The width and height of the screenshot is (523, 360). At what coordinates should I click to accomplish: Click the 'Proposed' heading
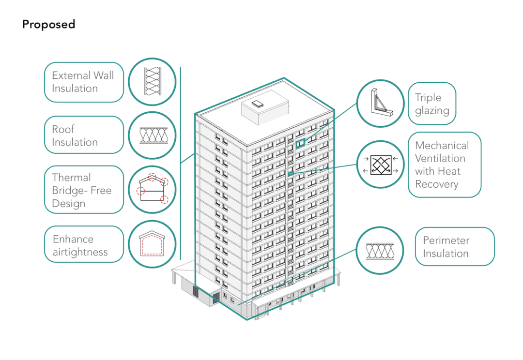[x=48, y=24]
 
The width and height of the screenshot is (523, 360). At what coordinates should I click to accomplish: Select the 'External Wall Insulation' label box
[x=83, y=82]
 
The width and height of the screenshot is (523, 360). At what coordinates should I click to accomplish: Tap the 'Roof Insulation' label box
[x=83, y=135]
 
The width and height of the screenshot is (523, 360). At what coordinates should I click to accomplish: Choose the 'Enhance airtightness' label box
[x=83, y=245]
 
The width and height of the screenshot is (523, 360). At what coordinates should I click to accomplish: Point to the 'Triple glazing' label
[x=432, y=104]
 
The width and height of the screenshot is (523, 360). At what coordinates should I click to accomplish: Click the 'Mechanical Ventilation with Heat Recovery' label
[x=444, y=165]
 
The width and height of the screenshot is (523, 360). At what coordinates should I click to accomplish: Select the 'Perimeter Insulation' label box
[x=455, y=247]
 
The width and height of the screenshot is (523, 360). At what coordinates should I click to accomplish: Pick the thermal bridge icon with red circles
[x=153, y=190]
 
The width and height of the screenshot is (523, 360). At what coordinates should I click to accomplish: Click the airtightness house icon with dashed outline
[x=153, y=245]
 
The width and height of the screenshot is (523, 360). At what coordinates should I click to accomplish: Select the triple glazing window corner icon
[x=380, y=103]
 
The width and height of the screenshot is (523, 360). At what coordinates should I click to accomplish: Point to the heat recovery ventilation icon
[x=380, y=165]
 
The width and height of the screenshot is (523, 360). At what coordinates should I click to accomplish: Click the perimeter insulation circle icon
[x=380, y=251]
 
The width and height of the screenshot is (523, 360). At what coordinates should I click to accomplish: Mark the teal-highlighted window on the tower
[x=300, y=142]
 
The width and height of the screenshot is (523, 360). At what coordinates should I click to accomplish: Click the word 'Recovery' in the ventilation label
[x=436, y=184]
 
